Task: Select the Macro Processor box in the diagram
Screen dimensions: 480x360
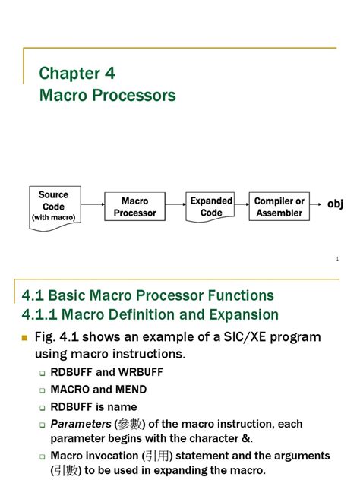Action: tap(134, 207)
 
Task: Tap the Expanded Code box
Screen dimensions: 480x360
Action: tap(210, 207)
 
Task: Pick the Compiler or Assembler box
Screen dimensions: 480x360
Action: tap(279, 207)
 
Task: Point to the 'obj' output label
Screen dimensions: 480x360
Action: tap(335, 204)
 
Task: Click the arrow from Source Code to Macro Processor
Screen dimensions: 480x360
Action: tap(92, 205)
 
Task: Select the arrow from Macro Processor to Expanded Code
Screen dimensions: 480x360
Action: tap(175, 205)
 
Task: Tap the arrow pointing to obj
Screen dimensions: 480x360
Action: tap(317, 205)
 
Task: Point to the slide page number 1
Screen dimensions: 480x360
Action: tap(336, 260)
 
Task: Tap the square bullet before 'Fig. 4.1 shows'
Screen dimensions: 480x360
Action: tap(25, 336)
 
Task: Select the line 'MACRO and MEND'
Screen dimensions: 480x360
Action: tap(99, 390)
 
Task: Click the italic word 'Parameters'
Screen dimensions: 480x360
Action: tap(81, 425)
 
